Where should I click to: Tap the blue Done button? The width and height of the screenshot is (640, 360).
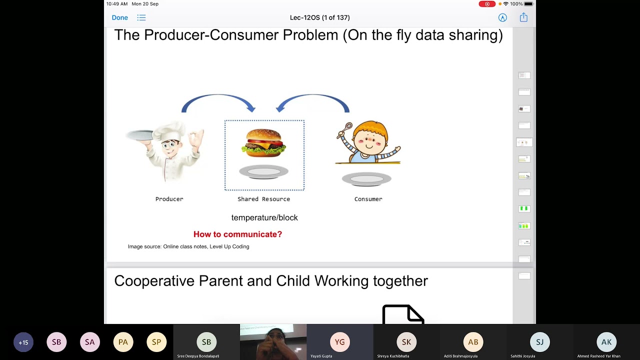[119, 17]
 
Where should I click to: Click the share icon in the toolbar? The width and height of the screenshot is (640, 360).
[523, 17]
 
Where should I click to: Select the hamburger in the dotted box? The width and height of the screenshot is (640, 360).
[263, 142]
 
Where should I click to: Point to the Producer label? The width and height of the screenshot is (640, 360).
[169, 199]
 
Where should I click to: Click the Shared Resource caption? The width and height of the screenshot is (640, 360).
[263, 199]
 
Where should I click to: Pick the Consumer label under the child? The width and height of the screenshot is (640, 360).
[368, 199]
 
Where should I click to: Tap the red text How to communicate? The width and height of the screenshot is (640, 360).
[237, 234]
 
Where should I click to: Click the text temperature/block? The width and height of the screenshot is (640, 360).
[264, 217]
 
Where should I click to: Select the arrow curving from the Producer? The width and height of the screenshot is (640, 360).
[218, 101]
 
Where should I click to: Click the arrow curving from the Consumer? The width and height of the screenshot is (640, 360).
[313, 101]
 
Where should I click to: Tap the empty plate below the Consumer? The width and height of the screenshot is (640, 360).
[366, 179]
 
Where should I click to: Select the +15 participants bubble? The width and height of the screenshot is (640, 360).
[23, 342]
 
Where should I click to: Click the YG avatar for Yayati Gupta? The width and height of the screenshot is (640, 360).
[339, 342]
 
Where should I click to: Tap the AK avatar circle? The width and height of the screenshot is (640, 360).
[606, 342]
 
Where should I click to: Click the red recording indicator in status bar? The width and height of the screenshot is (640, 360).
[486, 4]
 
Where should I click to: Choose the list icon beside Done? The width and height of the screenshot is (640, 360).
[141, 17]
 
